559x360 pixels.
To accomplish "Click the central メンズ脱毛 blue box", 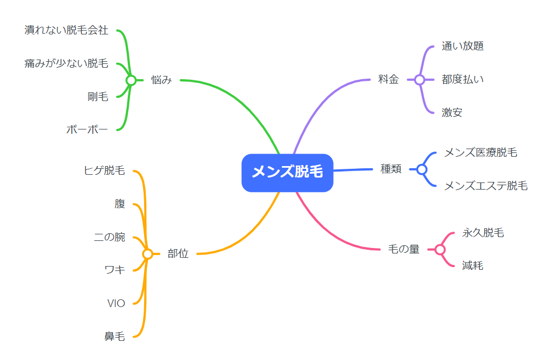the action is [x=287, y=173].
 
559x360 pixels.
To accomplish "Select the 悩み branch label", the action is [x=162, y=80].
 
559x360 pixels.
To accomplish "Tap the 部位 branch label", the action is [x=178, y=253].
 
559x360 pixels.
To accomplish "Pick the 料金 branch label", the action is [x=388, y=79].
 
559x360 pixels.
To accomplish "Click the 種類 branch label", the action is [x=391, y=169].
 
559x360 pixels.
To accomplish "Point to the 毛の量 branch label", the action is [x=403, y=249].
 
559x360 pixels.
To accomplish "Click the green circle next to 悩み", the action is [x=131, y=80].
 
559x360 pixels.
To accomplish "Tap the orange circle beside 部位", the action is [x=147, y=253].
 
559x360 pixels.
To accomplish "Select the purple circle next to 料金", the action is [x=420, y=80].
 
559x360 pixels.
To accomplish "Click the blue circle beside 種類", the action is [x=422, y=169].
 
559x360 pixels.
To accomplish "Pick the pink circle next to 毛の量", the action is [x=441, y=250].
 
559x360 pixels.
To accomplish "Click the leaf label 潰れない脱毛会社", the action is [x=66, y=31].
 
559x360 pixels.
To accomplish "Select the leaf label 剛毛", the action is [x=98, y=97].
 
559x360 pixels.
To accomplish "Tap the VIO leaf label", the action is [x=116, y=303].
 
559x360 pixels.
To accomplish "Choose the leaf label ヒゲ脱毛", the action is [x=104, y=170].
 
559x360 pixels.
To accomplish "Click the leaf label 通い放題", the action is [x=463, y=46].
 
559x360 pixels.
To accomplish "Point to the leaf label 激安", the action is [x=452, y=113].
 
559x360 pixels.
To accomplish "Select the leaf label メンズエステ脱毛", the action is [x=486, y=186].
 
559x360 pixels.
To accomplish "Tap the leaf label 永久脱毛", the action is [x=483, y=233].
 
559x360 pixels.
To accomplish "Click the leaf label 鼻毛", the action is [x=115, y=336].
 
